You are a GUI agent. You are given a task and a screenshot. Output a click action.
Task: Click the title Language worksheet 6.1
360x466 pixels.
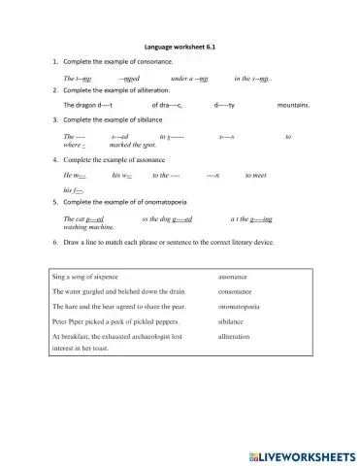point(179,46)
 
